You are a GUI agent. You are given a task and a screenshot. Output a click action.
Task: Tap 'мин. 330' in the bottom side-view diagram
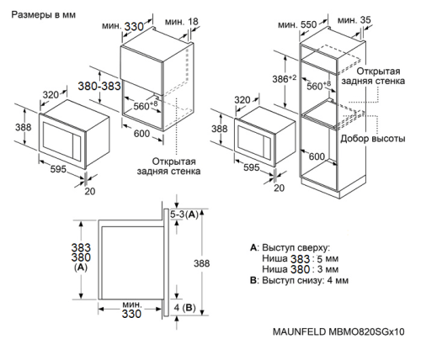tap(130, 310)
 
